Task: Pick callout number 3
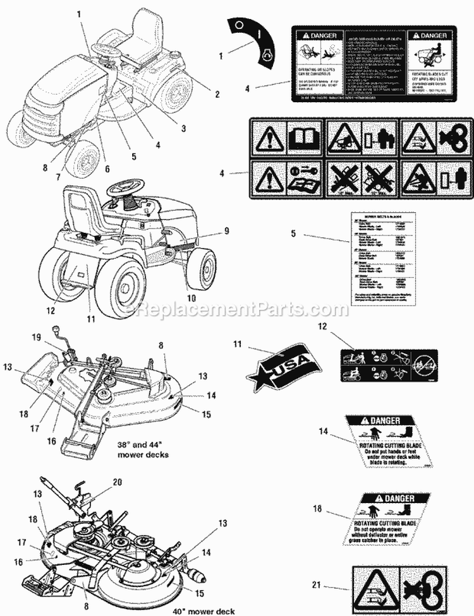pyautogui.click(x=183, y=128)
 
